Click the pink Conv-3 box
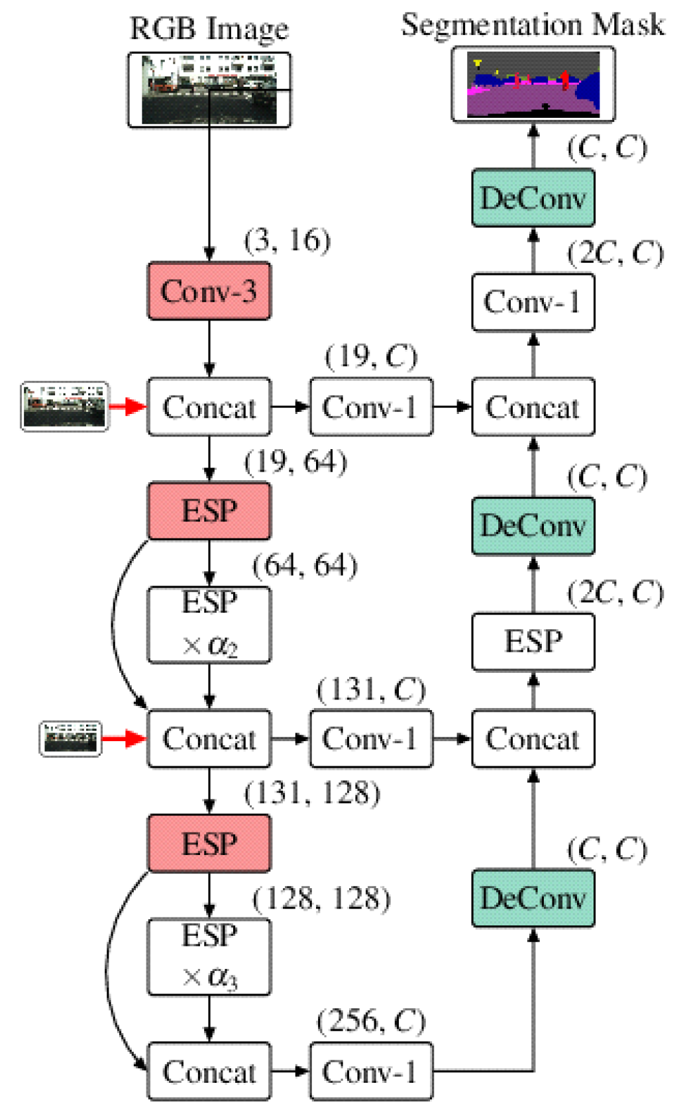coord(209,291)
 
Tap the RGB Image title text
coord(209,28)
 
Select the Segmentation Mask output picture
coord(533,84)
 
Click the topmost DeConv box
coord(533,198)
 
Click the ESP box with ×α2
coord(209,624)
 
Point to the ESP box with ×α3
coord(209,956)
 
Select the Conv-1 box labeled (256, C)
coord(370,1071)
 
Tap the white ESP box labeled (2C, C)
coord(533,641)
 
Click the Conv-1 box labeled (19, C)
coord(370,407)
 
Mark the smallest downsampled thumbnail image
coord(71,738)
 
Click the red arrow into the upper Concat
coord(127,406)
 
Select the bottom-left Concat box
coord(209,1071)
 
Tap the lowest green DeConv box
coord(533,898)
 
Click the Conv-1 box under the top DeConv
coord(533,302)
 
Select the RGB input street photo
coord(209,89)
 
